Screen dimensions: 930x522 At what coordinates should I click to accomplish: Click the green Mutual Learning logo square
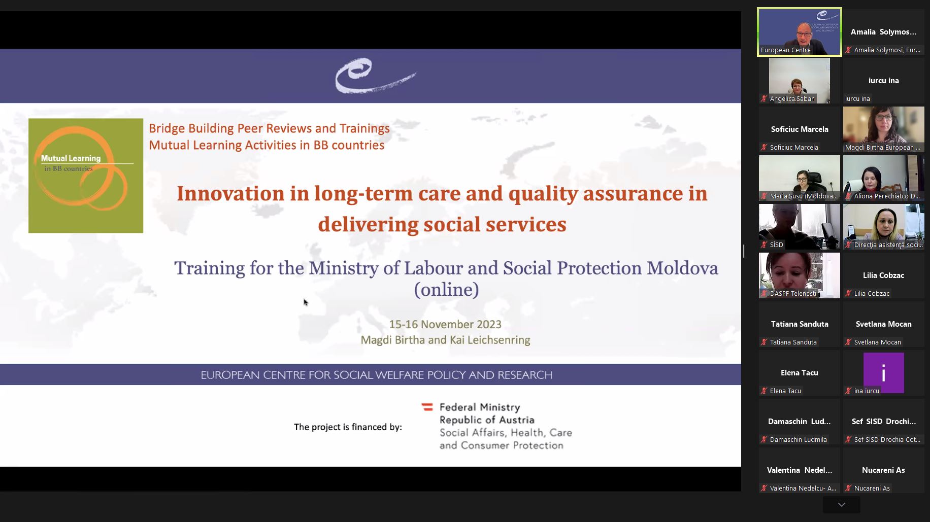pyautogui.click(x=86, y=176)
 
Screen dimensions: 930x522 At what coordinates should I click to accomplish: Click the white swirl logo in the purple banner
pyautogui.click(x=375, y=76)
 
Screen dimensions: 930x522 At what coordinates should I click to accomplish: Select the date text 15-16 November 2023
pyautogui.click(x=445, y=324)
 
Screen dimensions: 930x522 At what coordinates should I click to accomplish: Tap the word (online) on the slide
pyautogui.click(x=446, y=290)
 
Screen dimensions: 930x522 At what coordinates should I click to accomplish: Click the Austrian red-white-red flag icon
pyautogui.click(x=427, y=407)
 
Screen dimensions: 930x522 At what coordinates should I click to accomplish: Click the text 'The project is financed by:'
pyautogui.click(x=348, y=427)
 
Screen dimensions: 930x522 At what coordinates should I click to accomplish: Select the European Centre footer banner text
pyautogui.click(x=376, y=375)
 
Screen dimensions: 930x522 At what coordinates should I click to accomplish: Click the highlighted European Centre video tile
pyautogui.click(x=800, y=31)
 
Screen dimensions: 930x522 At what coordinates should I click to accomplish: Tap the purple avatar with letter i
pyautogui.click(x=884, y=373)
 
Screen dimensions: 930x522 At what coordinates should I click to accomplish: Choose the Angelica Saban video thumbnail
pyautogui.click(x=800, y=80)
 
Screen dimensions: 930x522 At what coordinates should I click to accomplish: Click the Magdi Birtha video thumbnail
pyautogui.click(x=884, y=129)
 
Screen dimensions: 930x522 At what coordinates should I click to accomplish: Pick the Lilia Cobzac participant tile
pyautogui.click(x=884, y=275)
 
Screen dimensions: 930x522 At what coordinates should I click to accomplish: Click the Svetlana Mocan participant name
pyautogui.click(x=884, y=324)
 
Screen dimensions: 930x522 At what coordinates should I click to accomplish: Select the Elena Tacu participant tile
pyautogui.click(x=800, y=373)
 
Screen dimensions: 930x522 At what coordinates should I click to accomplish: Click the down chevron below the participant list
pyautogui.click(x=842, y=505)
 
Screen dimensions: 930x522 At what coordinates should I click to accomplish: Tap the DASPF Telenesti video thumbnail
pyautogui.click(x=800, y=275)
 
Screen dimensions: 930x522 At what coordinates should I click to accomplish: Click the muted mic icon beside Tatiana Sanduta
pyautogui.click(x=764, y=342)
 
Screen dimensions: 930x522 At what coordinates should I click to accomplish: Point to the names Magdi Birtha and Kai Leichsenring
pyautogui.click(x=445, y=340)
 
